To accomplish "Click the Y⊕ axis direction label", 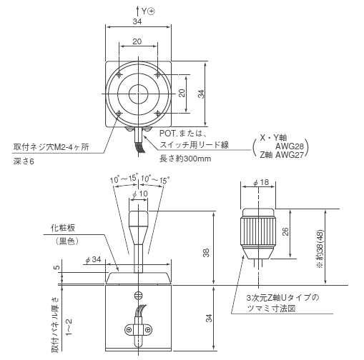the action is [x=148, y=11].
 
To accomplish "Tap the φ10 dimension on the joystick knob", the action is [x=140, y=194].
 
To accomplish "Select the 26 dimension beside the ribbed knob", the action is [x=285, y=231].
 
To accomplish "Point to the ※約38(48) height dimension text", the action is [x=320, y=249].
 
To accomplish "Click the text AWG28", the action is [x=290, y=146].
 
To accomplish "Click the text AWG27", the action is [x=290, y=155].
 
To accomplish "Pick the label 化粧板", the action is [x=63, y=228].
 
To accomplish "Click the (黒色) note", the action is [x=67, y=241].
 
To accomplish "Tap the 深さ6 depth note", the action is [x=24, y=161].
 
